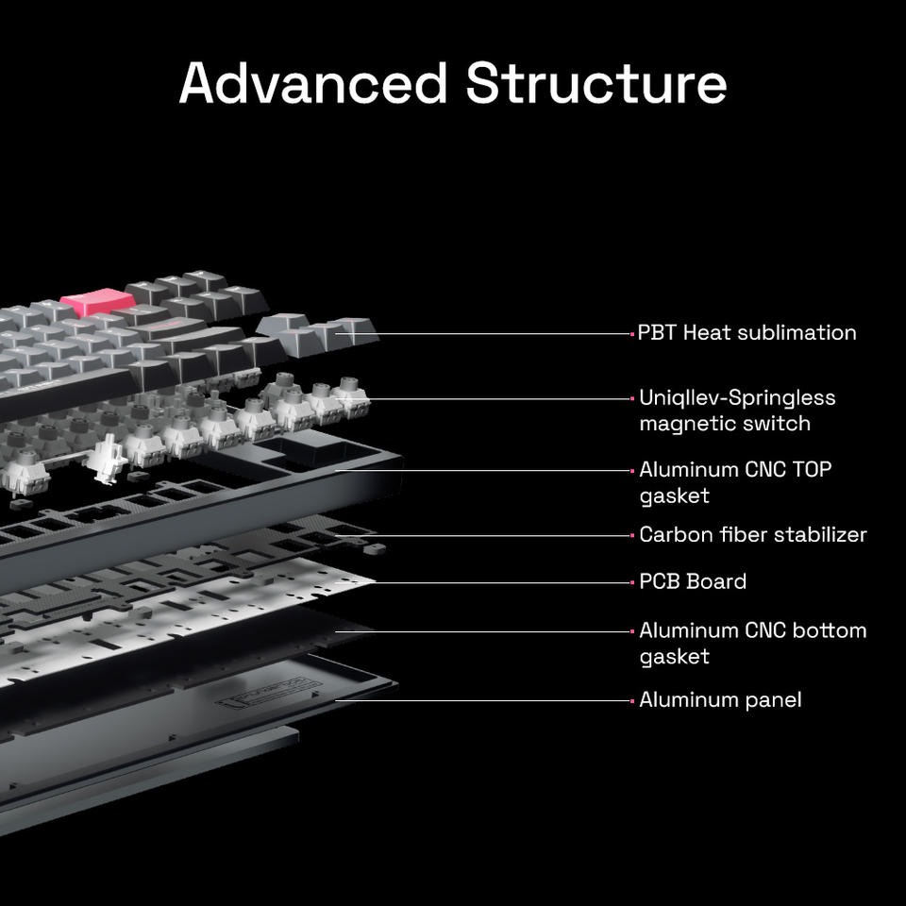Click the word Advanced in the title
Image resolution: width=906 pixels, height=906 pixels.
[312, 83]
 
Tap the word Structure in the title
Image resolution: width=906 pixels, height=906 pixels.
[596, 83]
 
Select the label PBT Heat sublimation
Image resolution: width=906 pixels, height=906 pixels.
[747, 332]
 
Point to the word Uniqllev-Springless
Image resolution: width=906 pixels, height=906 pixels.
[737, 397]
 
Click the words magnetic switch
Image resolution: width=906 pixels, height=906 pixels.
[724, 423]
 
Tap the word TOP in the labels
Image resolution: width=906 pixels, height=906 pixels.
[808, 469]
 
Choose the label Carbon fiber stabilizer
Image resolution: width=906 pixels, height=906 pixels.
[752, 534]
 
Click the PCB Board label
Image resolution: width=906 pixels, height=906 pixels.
[693, 581]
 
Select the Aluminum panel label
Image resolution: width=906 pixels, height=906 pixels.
[720, 699]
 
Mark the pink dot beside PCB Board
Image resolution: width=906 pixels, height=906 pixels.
[632, 582]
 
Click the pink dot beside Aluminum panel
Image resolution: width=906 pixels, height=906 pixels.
[632, 700]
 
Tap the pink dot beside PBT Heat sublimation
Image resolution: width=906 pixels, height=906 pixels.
[632, 333]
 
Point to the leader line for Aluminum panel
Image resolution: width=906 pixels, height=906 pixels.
[491, 700]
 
